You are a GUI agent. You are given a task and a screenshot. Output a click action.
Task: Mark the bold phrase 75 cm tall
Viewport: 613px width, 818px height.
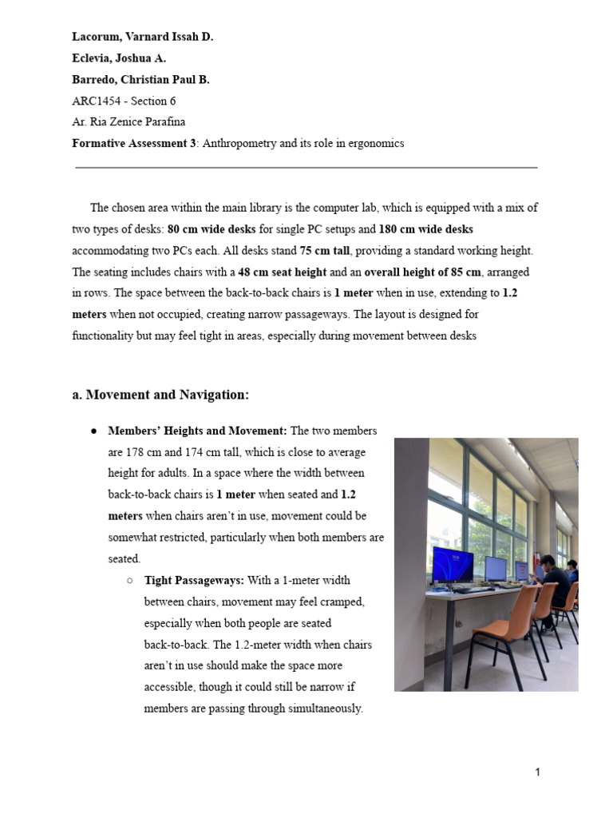[325, 250]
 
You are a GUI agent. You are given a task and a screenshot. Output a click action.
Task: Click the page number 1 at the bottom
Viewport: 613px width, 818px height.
[538, 772]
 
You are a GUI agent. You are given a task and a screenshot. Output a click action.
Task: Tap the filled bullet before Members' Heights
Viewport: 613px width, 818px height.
[93, 431]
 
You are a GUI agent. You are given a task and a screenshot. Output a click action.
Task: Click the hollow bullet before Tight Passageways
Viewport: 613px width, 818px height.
[129, 581]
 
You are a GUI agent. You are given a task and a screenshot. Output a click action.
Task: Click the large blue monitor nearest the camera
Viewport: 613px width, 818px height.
[453, 565]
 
